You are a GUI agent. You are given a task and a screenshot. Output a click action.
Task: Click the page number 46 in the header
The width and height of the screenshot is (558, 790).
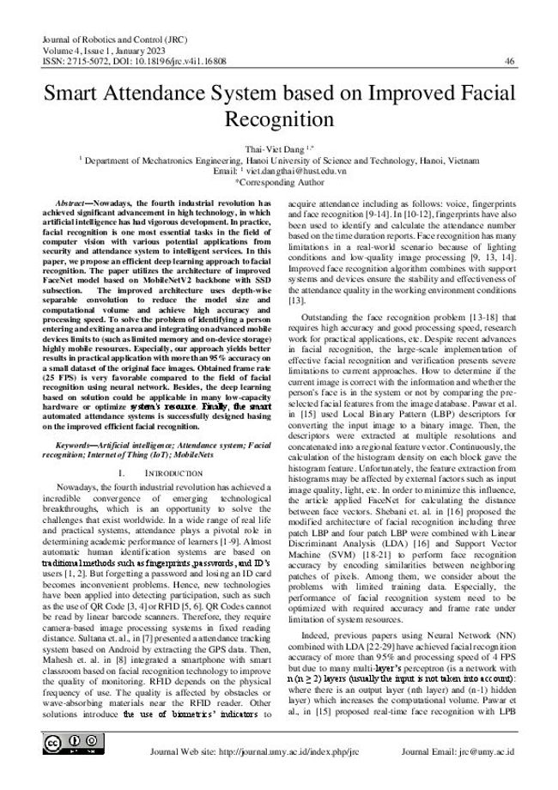pyautogui.click(x=510, y=61)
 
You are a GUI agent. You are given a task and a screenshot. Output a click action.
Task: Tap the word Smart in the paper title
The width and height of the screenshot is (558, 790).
pyautogui.click(x=84, y=95)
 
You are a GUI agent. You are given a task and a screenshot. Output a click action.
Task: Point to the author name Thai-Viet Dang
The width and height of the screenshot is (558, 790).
pyautogui.click(x=272, y=149)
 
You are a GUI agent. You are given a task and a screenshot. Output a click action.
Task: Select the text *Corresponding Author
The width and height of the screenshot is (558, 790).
pyautogui.click(x=279, y=182)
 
